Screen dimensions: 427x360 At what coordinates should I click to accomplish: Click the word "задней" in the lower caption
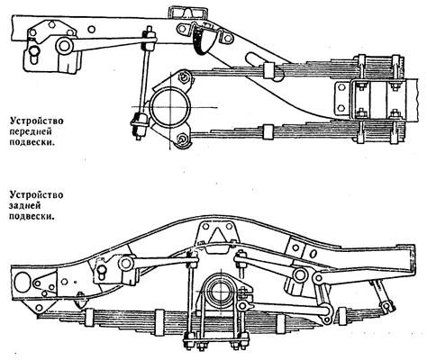tap(24, 205)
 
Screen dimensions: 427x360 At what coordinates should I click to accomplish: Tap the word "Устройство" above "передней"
tap(36, 121)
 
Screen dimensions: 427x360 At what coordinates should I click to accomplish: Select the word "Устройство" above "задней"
tap(36, 195)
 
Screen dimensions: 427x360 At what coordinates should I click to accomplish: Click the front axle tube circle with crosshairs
tap(170, 107)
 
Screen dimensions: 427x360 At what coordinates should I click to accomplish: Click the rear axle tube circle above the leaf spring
tap(221, 292)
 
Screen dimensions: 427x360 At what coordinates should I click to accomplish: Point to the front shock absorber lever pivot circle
tap(64, 46)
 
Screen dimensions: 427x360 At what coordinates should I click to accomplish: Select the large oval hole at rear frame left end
tap(22, 282)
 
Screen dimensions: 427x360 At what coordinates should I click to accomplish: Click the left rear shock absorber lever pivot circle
tap(125, 263)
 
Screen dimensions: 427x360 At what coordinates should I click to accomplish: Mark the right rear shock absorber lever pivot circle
tap(300, 274)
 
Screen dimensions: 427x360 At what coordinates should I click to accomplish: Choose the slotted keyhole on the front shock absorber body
tap(34, 55)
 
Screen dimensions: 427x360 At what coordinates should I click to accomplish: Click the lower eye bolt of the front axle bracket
tap(182, 139)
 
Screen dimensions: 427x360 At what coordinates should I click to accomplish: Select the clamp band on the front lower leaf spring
tap(268, 132)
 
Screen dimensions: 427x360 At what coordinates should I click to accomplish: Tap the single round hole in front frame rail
tap(92, 30)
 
